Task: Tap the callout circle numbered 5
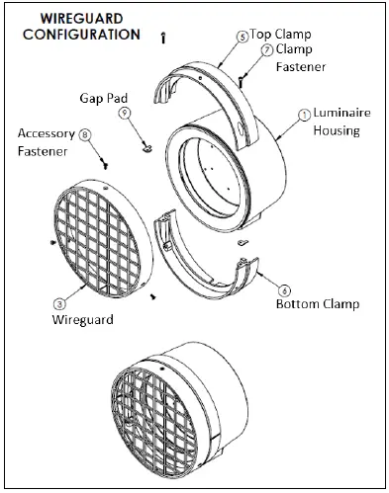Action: (243, 36)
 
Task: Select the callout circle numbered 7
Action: (267, 48)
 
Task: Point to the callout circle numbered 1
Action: (304, 114)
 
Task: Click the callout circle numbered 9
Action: (125, 114)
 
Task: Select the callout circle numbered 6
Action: (285, 290)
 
